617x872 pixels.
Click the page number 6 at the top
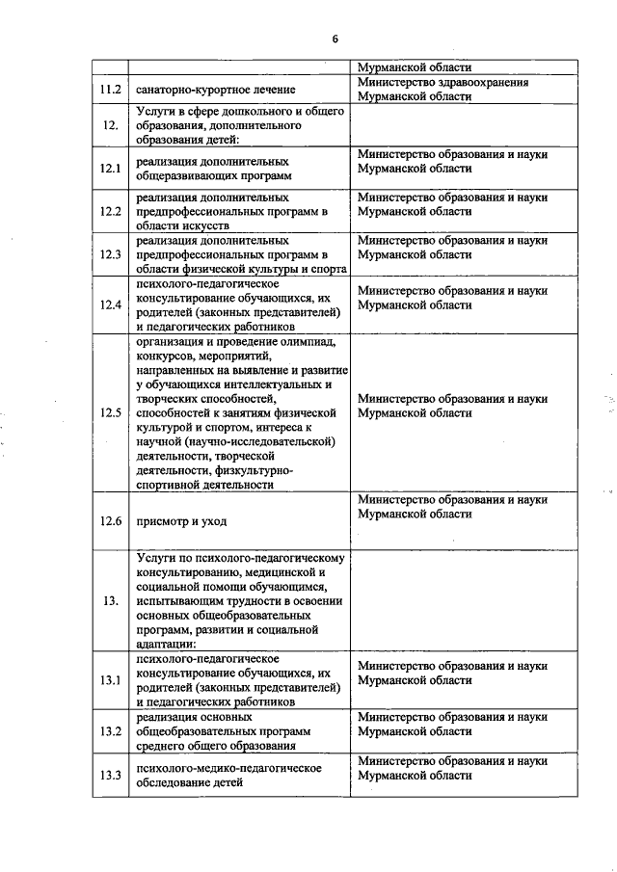point(335,39)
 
